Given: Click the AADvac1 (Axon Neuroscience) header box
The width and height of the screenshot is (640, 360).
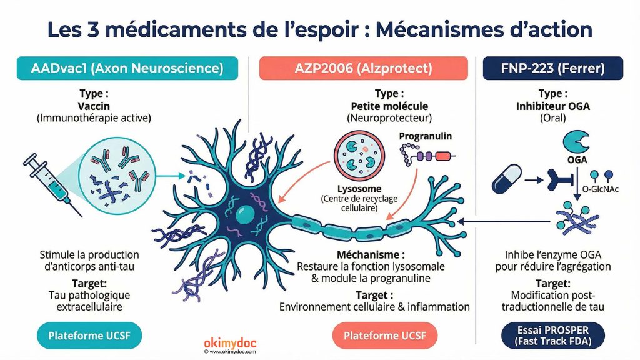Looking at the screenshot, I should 127,69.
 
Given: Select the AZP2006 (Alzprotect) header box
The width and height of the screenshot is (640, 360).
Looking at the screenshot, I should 363,69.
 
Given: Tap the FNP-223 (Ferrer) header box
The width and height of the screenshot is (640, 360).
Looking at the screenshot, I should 552,69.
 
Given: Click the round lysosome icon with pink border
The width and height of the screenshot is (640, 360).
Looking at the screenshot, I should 356,155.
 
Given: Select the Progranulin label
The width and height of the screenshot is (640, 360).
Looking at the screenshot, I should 425,136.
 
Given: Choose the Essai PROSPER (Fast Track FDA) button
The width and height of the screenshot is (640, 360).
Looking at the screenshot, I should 552,336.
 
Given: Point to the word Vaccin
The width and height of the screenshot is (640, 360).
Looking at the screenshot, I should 95,106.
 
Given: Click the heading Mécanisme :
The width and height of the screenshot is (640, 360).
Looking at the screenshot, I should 370,255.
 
